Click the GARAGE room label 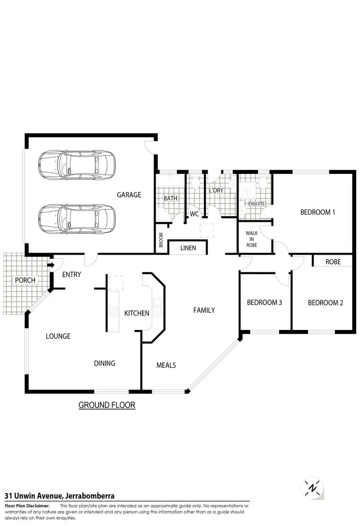coord(129,195)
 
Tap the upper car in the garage coord(77,164)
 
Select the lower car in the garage coord(77,218)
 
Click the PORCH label coord(25,280)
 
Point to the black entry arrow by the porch coord(49,264)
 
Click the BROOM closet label coord(161,239)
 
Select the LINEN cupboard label coord(187,248)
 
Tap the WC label coord(194,214)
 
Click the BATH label coord(170,198)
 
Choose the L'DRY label coord(216,190)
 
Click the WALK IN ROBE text coord(252,239)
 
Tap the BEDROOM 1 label coord(317,212)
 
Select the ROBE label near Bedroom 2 coord(333,262)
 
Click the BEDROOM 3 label coord(264,303)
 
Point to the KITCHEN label coord(137,313)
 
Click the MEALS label coord(166,365)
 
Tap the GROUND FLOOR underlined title coord(107,405)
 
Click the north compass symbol coord(312,489)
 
